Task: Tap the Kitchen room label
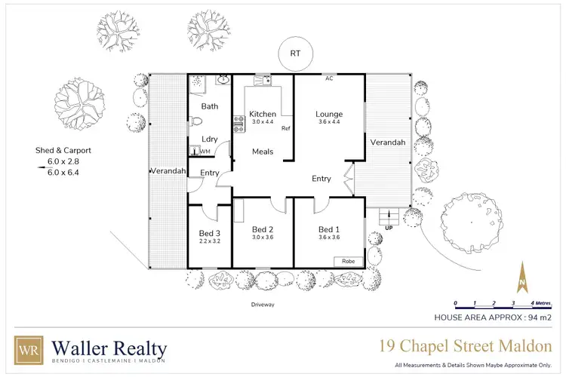pos(263,115)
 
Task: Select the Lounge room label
pos(329,115)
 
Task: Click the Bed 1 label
pos(329,230)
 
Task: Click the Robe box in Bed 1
pos(348,261)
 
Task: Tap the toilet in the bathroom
pos(195,121)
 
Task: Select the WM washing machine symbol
pos(203,152)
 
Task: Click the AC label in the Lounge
pos(329,78)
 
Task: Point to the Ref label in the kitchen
pos(285,129)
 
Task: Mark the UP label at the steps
pos(389,227)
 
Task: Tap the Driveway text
pos(263,305)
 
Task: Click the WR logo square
pos(29,351)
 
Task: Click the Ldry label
pos(211,139)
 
